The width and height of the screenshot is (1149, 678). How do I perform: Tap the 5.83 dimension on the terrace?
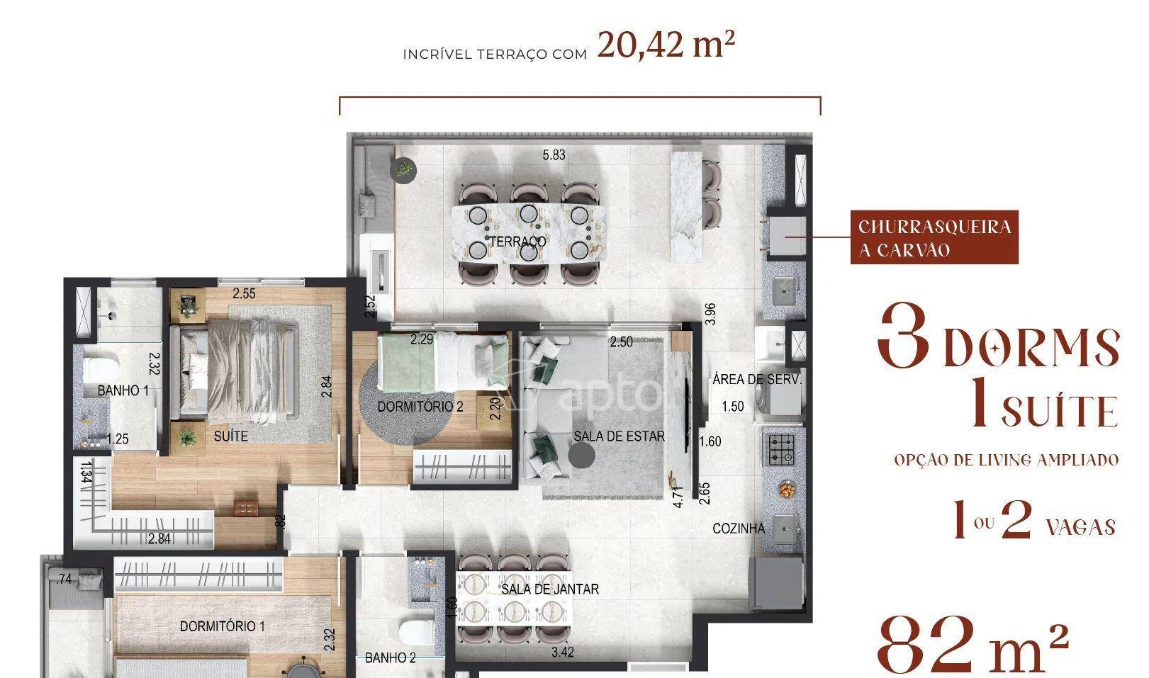click(554, 155)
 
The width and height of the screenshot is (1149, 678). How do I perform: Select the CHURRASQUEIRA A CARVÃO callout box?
click(934, 237)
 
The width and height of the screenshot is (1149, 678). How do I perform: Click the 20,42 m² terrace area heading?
click(666, 45)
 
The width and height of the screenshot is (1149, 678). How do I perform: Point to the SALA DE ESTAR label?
click(619, 436)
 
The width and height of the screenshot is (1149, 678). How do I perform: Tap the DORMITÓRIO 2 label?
click(420, 407)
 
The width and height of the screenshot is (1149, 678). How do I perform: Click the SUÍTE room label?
click(231, 436)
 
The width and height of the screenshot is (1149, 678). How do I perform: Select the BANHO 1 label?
click(123, 391)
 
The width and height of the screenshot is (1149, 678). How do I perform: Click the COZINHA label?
click(739, 529)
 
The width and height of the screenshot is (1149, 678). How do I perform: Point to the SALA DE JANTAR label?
click(550, 589)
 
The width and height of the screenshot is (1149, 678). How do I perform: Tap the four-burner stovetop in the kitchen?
click(780, 450)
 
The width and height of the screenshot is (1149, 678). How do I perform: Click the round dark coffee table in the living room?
click(582, 455)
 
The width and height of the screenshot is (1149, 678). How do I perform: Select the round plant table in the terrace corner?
click(403, 169)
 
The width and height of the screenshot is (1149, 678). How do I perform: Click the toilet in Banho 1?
click(101, 368)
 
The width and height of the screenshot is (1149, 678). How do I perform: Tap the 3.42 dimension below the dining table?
click(563, 652)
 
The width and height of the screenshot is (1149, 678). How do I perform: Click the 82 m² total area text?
click(973, 646)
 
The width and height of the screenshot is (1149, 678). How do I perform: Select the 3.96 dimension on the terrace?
click(710, 314)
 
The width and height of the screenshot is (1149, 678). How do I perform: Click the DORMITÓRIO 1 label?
click(222, 626)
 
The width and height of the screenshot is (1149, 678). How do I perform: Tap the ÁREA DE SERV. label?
click(756, 380)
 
